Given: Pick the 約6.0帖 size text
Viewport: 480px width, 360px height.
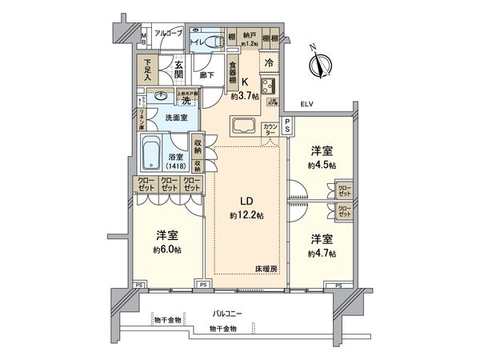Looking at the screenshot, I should tap(168, 248).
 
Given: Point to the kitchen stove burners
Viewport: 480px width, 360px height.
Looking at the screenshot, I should tap(269, 87).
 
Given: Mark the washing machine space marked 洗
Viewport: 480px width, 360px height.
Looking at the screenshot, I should tap(186, 100).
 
